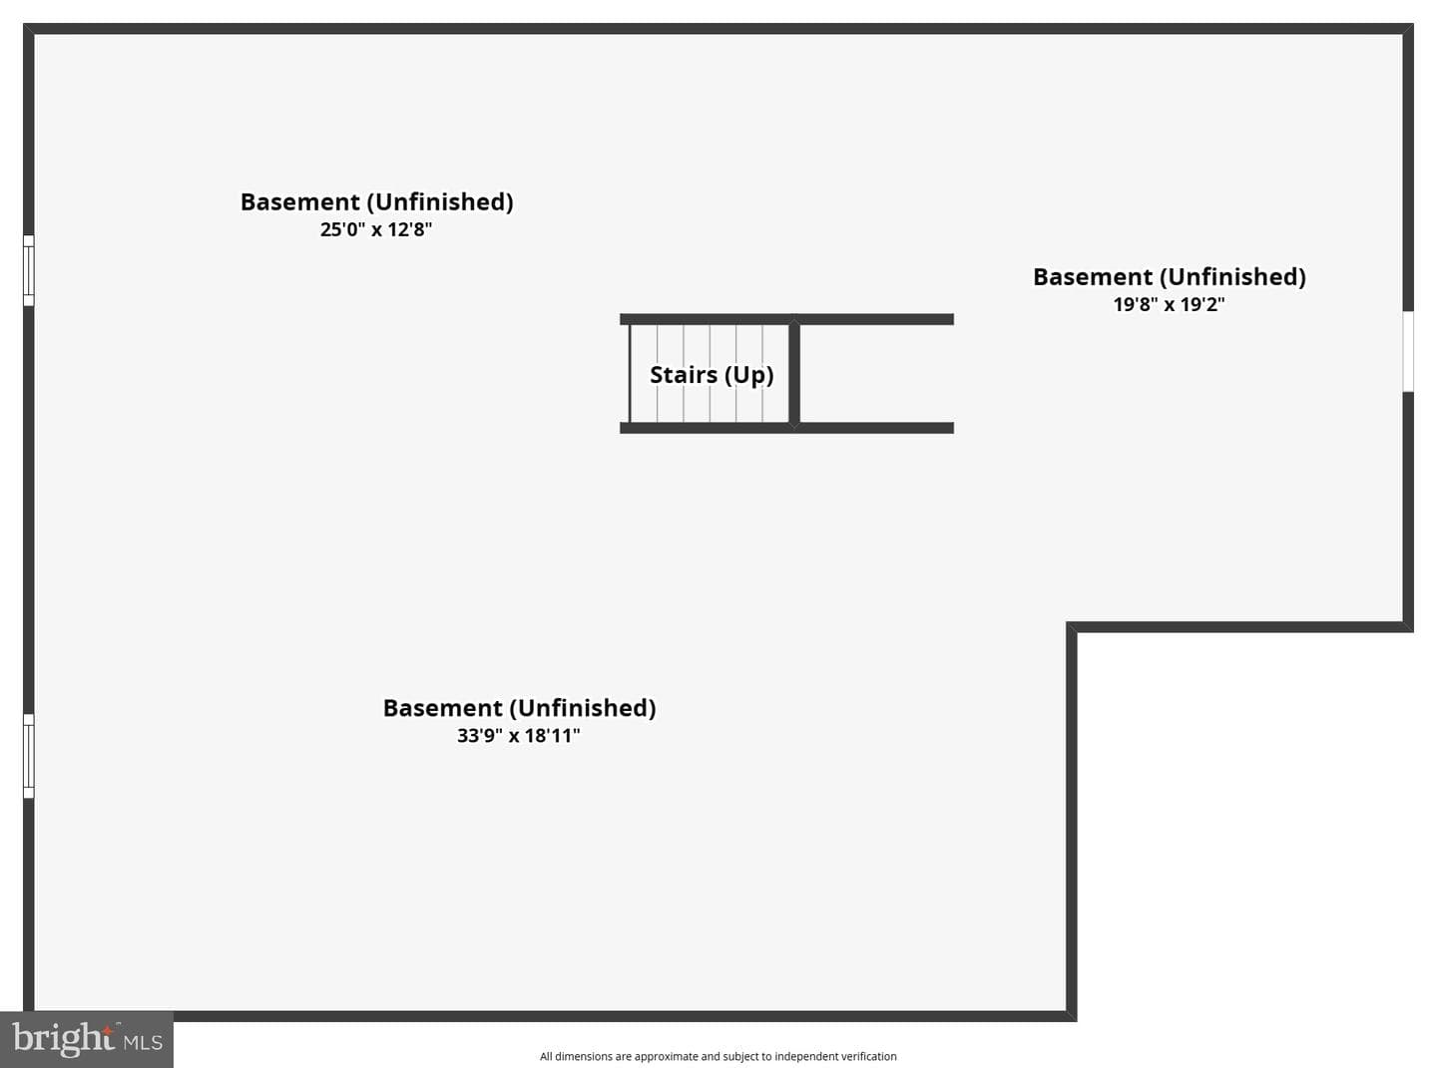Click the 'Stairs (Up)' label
pyautogui.click(x=712, y=375)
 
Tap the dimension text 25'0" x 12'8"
pyautogui.click(x=376, y=230)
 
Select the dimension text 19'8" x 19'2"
pyautogui.click(x=1169, y=304)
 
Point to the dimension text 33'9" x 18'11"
pyautogui.click(x=518, y=736)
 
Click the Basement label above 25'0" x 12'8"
pyautogui.click(x=377, y=202)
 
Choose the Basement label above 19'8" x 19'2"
pyautogui.click(x=1170, y=277)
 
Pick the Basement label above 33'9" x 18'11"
pyautogui.click(x=520, y=708)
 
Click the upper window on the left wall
pyautogui.click(x=29, y=270)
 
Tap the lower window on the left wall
pyautogui.click(x=29, y=756)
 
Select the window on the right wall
pyautogui.click(x=1408, y=352)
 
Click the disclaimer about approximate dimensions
pyautogui.click(x=718, y=1056)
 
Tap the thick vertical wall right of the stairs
pyautogui.click(x=794, y=374)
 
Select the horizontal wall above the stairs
pyautogui.click(x=786, y=319)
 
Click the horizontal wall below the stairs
pyautogui.click(x=786, y=428)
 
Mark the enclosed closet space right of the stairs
pyautogui.click(x=876, y=374)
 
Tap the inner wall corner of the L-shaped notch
pyautogui.click(x=1072, y=627)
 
